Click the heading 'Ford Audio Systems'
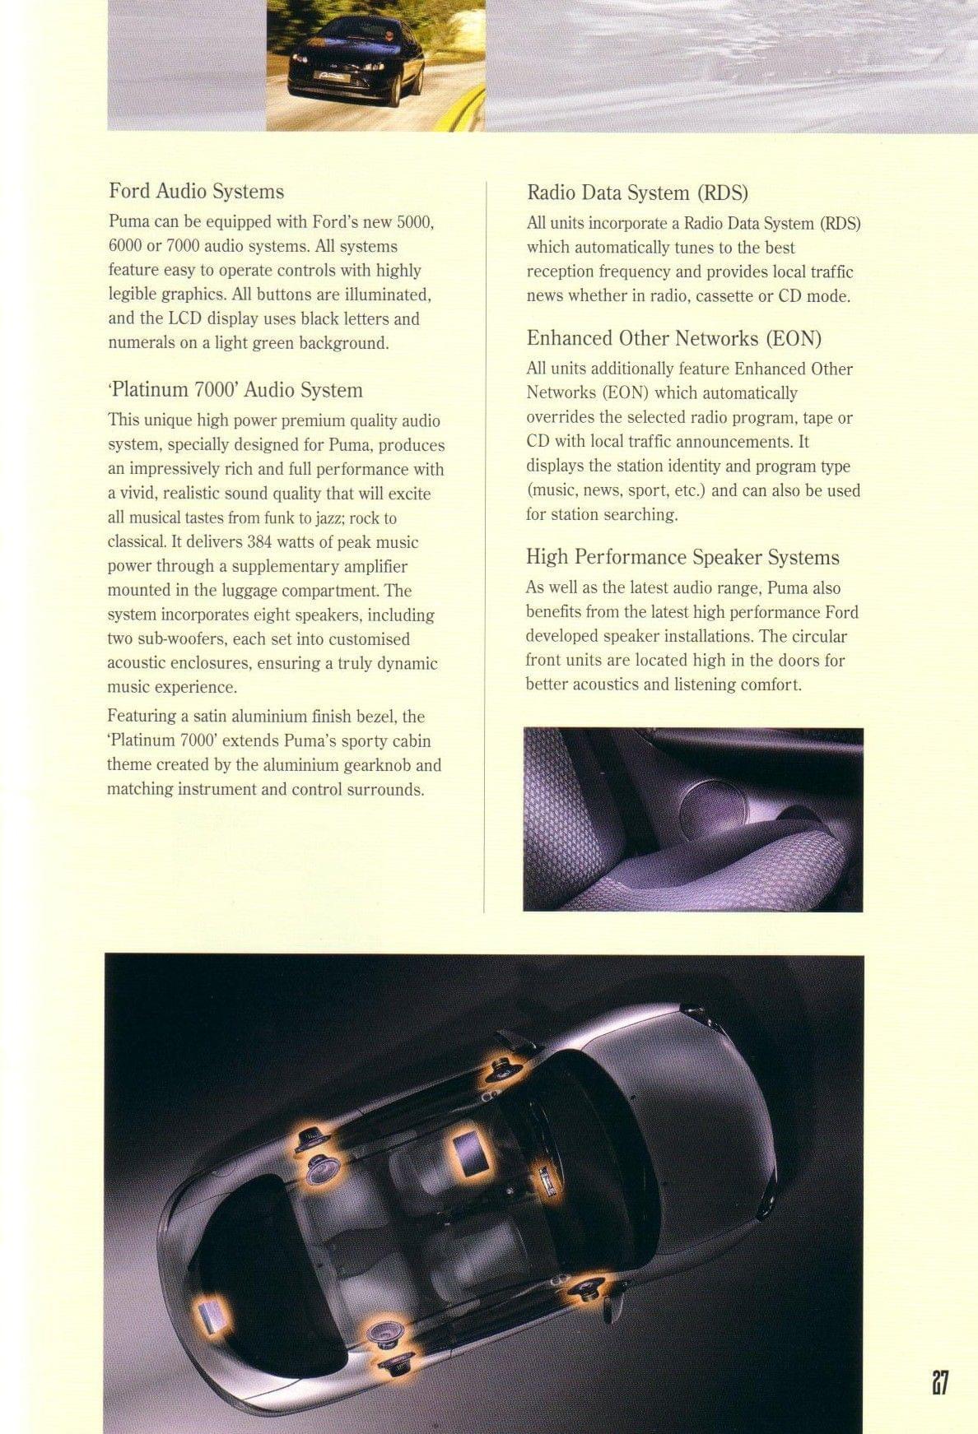(x=196, y=192)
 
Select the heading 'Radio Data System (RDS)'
(x=636, y=193)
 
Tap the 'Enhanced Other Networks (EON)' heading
(x=673, y=339)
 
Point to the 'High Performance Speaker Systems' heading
(x=682, y=558)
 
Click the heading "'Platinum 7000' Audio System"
(x=235, y=390)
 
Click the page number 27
(x=940, y=1381)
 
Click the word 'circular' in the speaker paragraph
(x=818, y=637)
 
